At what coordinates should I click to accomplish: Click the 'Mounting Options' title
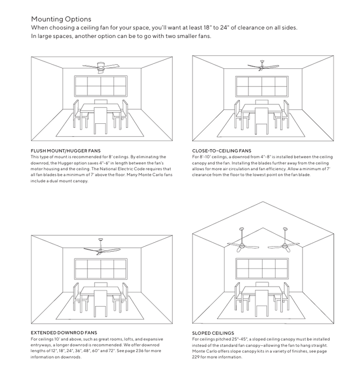[61, 19]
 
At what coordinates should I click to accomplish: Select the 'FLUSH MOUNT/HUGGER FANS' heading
[65, 151]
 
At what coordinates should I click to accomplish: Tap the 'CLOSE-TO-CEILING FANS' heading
[221, 151]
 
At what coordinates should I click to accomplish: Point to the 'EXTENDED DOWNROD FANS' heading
[63, 333]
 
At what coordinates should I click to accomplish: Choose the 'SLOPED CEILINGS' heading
[212, 333]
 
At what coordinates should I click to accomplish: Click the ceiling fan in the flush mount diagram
[101, 66]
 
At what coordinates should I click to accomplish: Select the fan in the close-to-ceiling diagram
[262, 65]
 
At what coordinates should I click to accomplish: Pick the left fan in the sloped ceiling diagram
[241, 244]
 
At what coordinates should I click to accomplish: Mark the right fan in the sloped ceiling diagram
[285, 244]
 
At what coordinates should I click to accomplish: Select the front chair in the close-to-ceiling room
[262, 120]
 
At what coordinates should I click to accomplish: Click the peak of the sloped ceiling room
[262, 202]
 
